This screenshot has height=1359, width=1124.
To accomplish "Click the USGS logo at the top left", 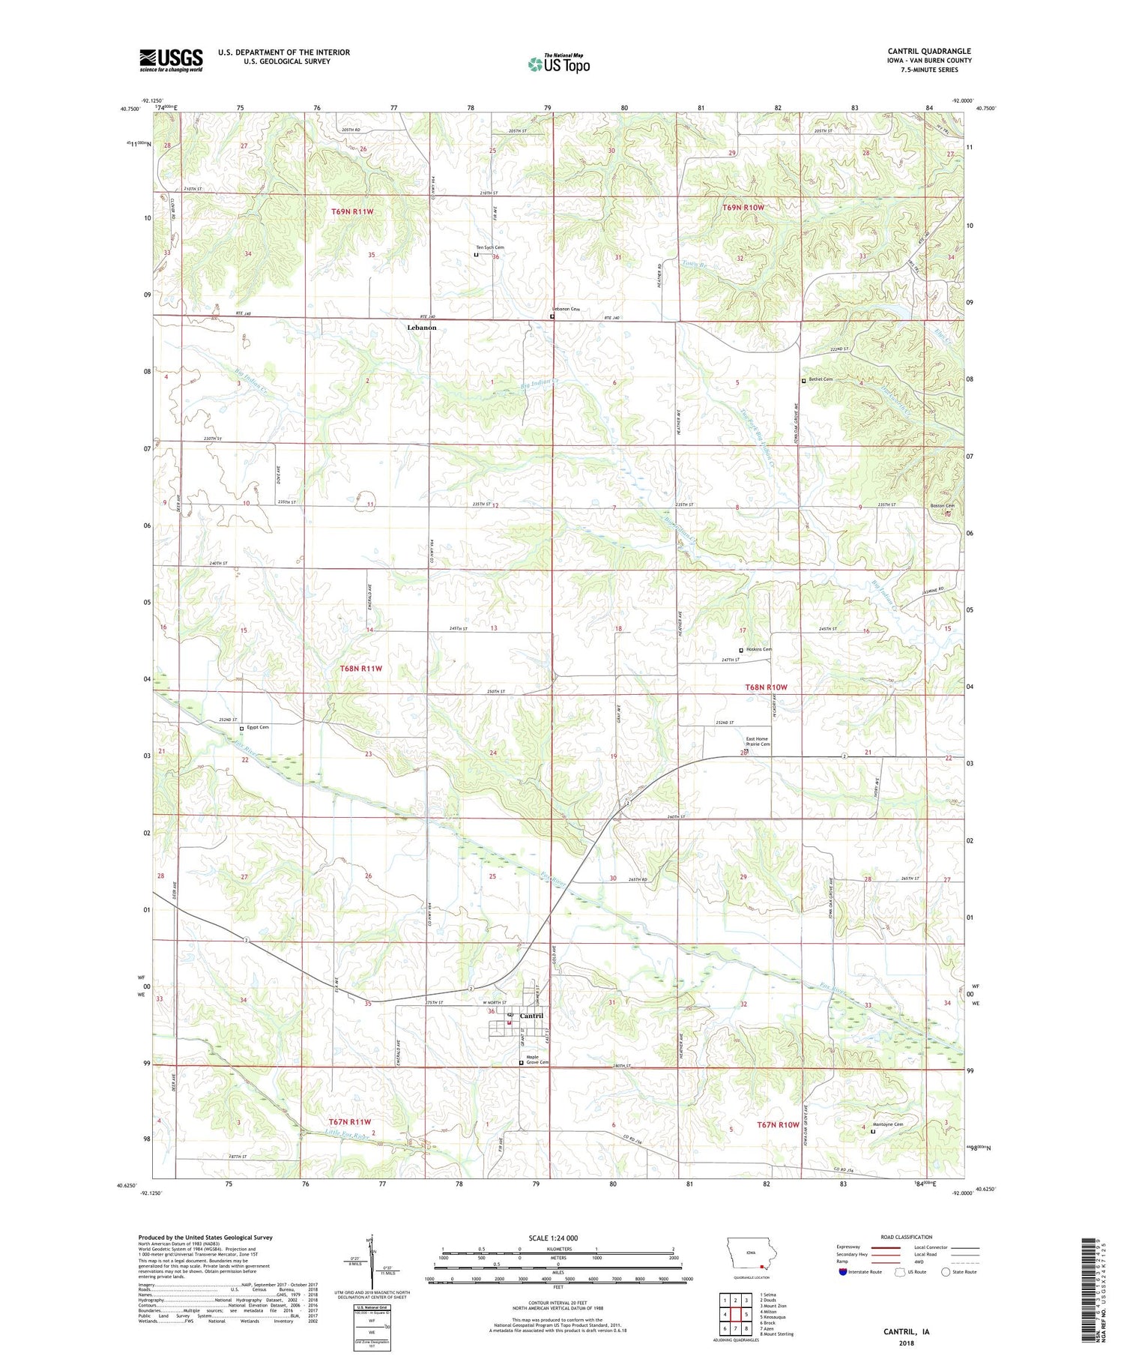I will coord(171,60).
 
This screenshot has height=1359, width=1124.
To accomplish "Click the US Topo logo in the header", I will coord(559,64).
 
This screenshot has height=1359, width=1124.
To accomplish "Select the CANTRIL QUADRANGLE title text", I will coord(928,51).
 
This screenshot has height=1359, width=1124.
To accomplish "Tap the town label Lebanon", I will coord(421,328).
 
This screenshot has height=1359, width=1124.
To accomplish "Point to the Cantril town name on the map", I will coord(531,1016).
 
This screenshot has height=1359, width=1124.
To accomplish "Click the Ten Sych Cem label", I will coord(489,247).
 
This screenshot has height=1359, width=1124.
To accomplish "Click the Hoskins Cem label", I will coord(759,649).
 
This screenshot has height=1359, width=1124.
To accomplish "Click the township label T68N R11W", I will coord(357,668).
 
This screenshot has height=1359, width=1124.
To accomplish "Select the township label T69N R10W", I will coord(743,208).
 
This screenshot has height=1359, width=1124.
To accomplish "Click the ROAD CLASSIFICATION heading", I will coord(907,1237).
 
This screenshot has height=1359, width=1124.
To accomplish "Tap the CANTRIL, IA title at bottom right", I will coord(906,1332).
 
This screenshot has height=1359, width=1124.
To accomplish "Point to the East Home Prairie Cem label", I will coord(757,741).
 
